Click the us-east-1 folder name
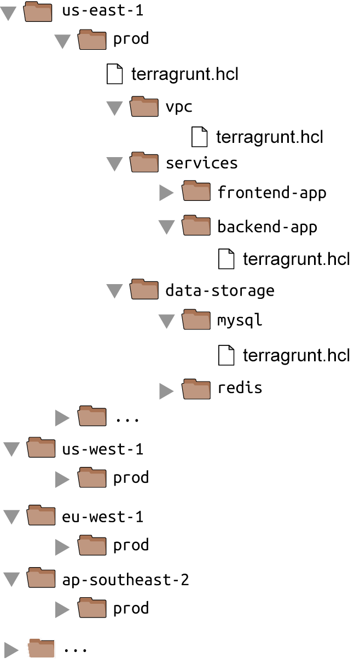[103, 11]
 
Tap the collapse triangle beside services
[114, 164]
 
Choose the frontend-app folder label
[271, 193]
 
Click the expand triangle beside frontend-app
[166, 192]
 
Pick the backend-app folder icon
[196, 226]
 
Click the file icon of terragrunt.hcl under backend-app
[226, 258]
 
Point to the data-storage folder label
[219, 290]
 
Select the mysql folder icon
[196, 320]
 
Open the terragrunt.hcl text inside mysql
[296, 355]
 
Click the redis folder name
[240, 388]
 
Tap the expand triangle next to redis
[166, 390]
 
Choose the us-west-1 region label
[103, 449]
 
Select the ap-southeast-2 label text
[125, 580]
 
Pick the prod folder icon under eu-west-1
[92, 545]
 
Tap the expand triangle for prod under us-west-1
[62, 480]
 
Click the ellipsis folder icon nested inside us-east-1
[92, 417]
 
